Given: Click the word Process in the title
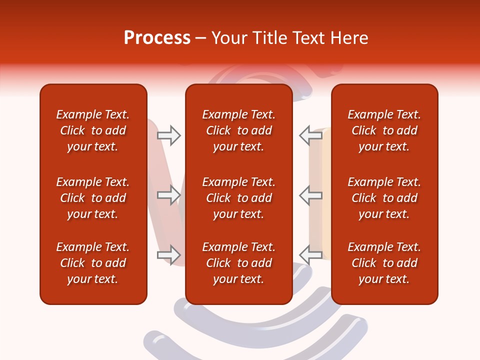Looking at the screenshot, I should pos(157,38).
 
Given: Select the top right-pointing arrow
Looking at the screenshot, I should pos(168,135).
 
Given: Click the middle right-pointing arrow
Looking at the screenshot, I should pos(168,195).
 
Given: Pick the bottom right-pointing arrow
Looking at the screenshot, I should pos(168,254).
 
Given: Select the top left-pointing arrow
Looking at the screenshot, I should pos(311,135).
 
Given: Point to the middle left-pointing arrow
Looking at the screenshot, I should pos(311,195).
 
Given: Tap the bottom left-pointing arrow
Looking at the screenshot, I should pos(311,254).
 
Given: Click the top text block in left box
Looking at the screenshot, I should pos(93,130).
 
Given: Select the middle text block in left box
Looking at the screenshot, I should pos(93,198).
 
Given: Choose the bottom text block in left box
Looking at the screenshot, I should pos(93,263).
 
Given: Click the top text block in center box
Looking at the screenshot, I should pos(238,130).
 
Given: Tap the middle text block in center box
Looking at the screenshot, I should pos(238,198).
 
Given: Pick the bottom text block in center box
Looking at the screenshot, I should pos(238,263).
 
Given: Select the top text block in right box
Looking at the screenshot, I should pos(384,130).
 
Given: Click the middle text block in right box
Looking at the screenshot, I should pos(384,198).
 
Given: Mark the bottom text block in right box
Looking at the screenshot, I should pos(384,263).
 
